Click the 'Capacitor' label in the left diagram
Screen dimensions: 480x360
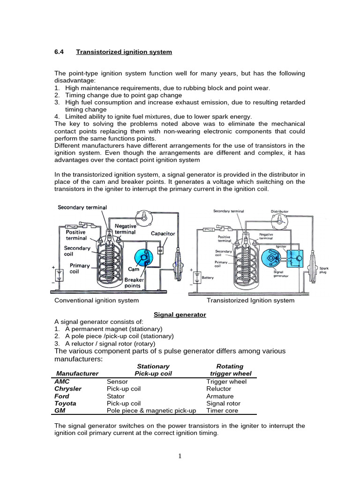click(x=163, y=233)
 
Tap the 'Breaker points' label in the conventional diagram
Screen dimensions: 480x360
click(x=134, y=283)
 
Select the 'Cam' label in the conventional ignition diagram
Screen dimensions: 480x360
click(x=133, y=270)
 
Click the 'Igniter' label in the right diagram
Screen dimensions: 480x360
click(x=281, y=246)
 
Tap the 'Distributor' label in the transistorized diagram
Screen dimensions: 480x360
click(x=280, y=211)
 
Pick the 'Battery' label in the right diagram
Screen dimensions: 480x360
click(x=207, y=277)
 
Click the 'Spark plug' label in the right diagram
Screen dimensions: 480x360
click(x=324, y=270)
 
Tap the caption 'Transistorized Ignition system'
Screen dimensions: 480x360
click(x=250, y=300)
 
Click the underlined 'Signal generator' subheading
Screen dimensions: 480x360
click(x=180, y=315)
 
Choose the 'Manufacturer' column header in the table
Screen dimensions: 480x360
click(x=77, y=374)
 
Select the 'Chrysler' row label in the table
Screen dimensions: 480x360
click(x=68, y=389)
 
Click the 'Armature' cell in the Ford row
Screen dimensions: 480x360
click(x=219, y=396)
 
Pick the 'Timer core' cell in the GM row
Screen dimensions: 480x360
click(x=222, y=411)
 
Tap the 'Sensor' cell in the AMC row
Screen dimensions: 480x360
click(x=117, y=382)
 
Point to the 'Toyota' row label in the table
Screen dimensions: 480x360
click(x=65, y=403)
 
